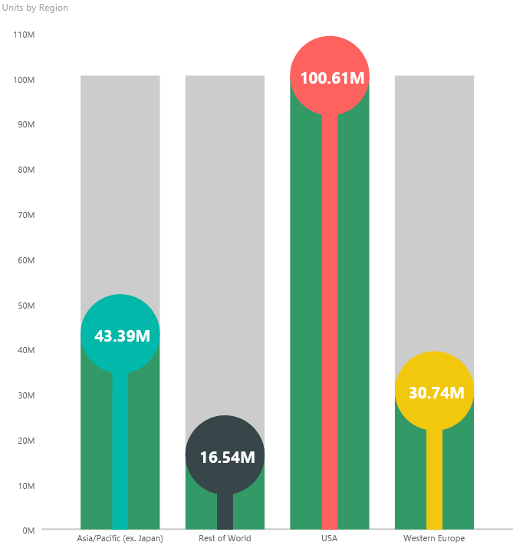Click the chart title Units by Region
pos(35,8)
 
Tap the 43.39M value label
pos(120,335)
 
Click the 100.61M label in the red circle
pos(330,78)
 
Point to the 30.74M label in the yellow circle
pos(435,393)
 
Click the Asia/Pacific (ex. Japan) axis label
pos(120,538)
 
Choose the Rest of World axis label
pos(225,538)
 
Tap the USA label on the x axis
pos(330,538)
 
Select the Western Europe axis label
pos(434,538)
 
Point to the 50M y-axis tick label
pos(25,306)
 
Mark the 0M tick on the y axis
pos(28,531)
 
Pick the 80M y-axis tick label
pos(25,170)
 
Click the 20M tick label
pos(25,441)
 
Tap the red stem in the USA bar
pos(330,322)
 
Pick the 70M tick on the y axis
pos(25,215)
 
